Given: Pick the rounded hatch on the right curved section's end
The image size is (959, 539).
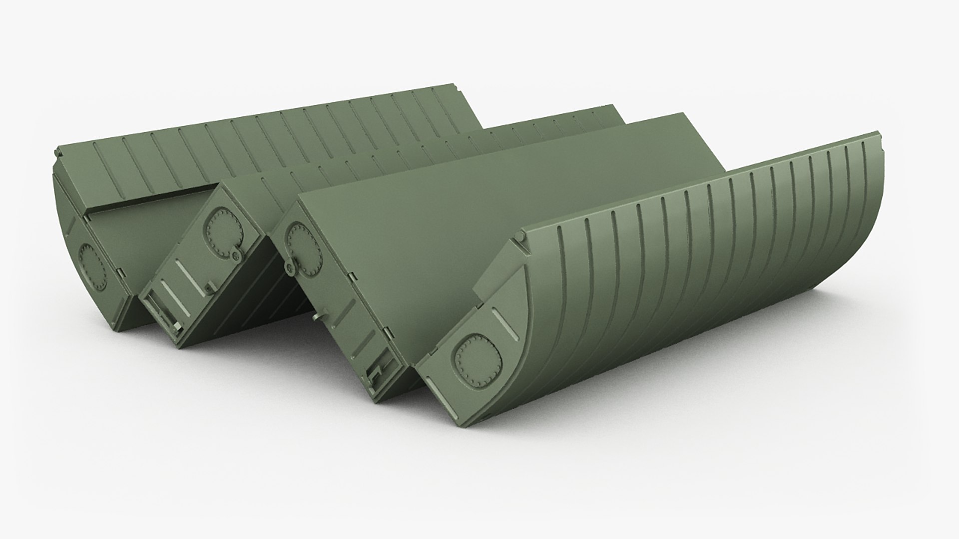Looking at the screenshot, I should [x=477, y=359].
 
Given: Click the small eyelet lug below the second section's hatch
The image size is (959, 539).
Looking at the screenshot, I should [x=235, y=255].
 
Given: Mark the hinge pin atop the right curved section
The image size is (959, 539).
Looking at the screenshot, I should [x=519, y=241].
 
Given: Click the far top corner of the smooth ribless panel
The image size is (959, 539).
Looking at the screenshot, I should [x=682, y=115].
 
